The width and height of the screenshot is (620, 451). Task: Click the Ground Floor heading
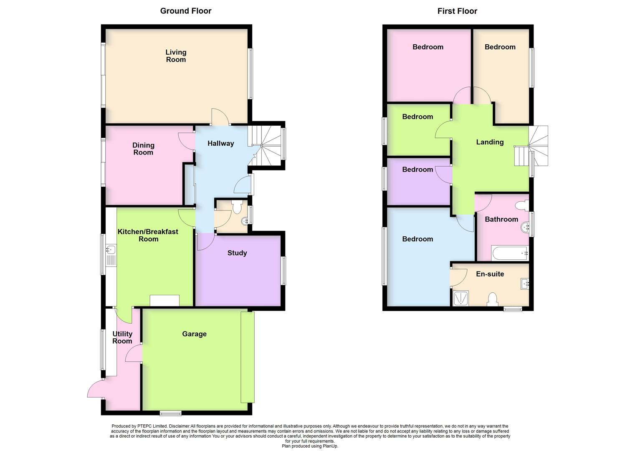coord(186,11)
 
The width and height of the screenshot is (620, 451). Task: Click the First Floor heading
coord(457,11)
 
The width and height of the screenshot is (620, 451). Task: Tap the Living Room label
coord(176,56)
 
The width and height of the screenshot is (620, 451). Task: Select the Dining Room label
coord(143,149)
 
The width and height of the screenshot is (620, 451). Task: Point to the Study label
coord(237,253)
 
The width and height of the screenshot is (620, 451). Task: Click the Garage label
coord(194,334)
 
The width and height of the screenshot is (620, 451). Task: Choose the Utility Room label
coord(122,337)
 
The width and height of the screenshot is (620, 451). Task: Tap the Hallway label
coord(220,144)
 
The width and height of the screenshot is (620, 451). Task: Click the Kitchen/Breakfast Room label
coord(148,236)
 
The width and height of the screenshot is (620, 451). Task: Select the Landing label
coord(490,142)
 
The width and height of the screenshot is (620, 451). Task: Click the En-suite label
coord(490,274)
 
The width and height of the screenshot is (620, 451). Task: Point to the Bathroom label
coord(501,220)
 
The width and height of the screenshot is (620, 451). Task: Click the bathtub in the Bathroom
coord(510,253)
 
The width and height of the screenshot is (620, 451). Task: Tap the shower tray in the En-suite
coord(461,299)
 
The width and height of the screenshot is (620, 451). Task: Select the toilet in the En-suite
coord(493,299)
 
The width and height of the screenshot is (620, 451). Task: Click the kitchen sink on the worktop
coord(111,250)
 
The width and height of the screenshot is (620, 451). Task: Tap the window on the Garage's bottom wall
coord(171,413)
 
